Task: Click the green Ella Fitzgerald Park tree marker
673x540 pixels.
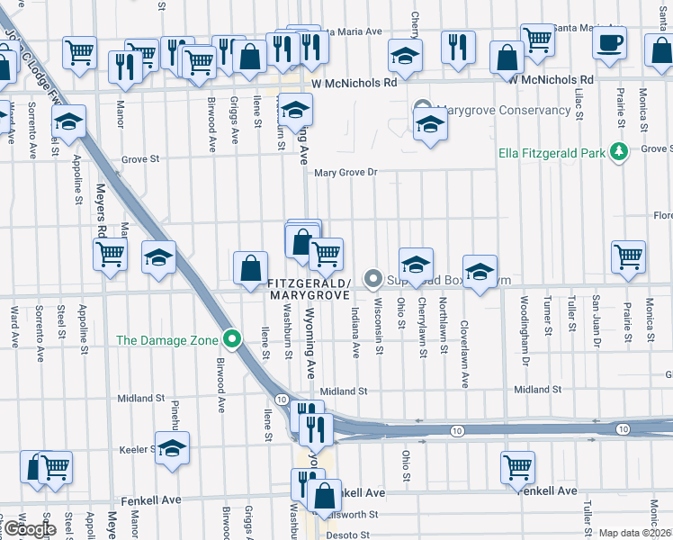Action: pyautogui.click(x=618, y=152)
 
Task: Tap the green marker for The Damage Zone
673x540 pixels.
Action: pyautogui.click(x=232, y=340)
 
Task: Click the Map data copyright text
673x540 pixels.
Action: pyautogui.click(x=635, y=533)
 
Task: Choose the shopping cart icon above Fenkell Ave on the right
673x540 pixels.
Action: pyautogui.click(x=518, y=467)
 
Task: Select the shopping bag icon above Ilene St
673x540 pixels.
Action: pyautogui.click(x=250, y=267)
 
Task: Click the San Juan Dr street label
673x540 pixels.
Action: pyautogui.click(x=595, y=316)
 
